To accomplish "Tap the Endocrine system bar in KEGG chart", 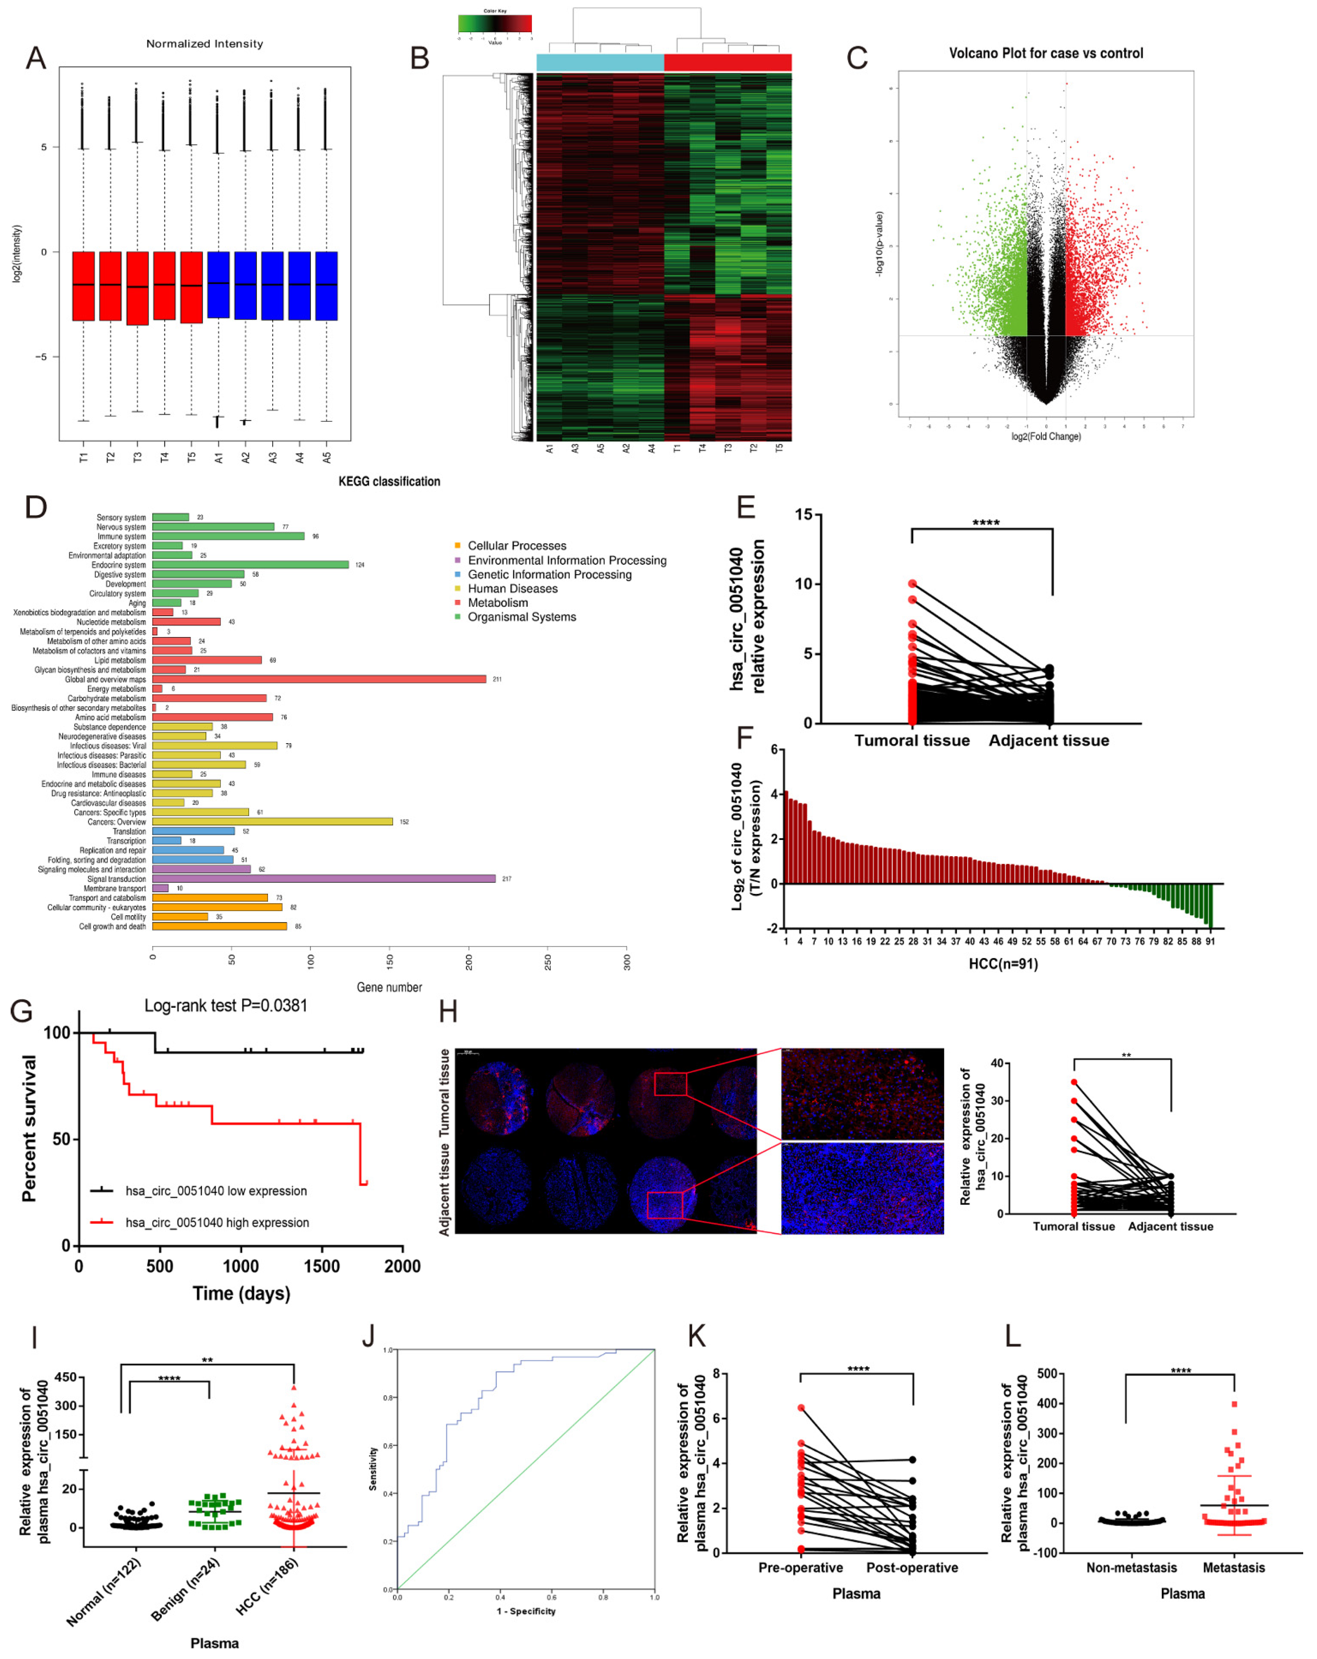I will [250, 565].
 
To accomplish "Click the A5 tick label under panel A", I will [327, 457].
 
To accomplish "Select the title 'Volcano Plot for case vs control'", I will [1045, 53].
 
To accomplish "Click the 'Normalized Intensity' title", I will [205, 44].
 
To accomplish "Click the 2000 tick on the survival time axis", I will [402, 1266].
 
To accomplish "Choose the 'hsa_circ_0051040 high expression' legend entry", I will [217, 1223].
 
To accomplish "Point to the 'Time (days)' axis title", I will [241, 1293].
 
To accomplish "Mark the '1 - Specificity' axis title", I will [526, 1611].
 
